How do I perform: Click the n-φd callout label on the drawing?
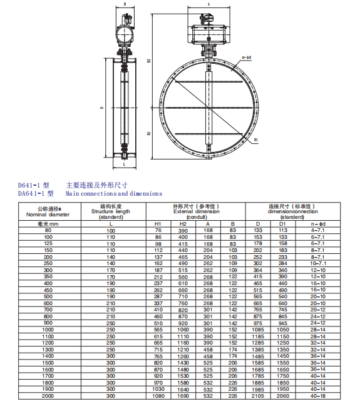coord(247,58)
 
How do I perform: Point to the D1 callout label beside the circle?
coord(256,140)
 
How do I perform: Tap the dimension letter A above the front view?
coord(208,4)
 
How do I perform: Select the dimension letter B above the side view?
coord(125,4)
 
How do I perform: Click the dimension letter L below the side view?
coord(124,164)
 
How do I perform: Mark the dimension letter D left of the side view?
coord(102,108)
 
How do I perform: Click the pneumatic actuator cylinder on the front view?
coord(208,33)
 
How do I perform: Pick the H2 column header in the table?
coord(183,224)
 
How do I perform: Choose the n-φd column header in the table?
coord(318,224)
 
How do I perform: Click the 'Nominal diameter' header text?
coord(48,215)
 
